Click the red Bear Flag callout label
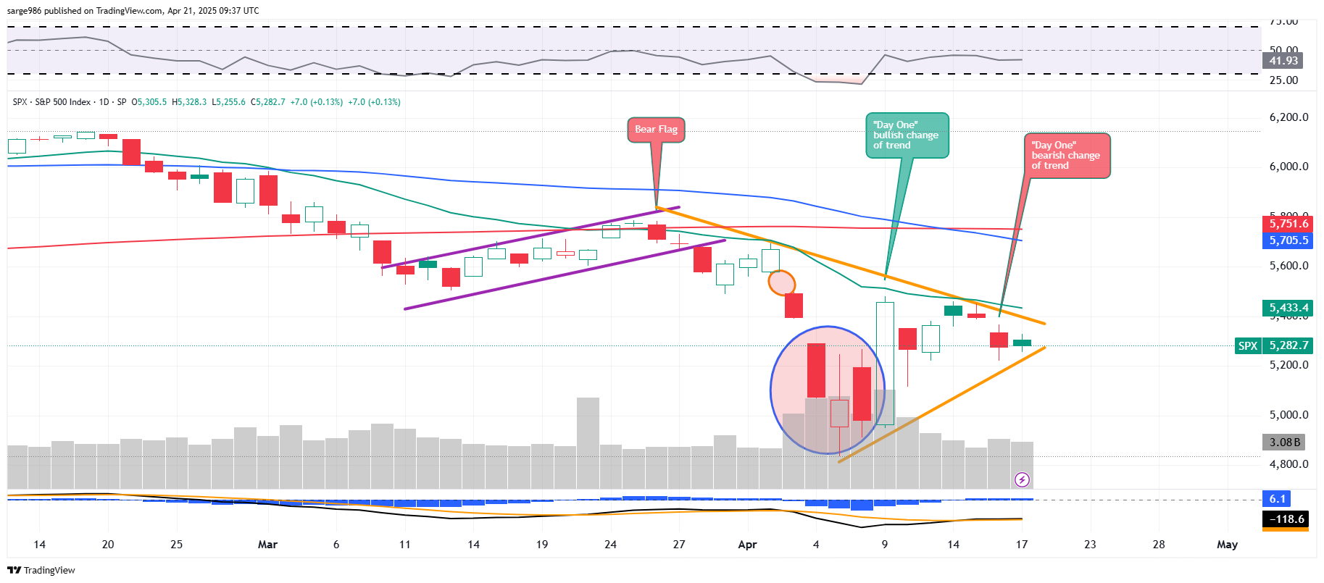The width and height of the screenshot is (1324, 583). (x=656, y=130)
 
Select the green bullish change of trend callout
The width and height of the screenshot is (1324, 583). (x=907, y=135)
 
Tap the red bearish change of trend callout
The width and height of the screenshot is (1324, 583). (x=1066, y=156)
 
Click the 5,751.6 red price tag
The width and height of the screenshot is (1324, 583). (x=1288, y=224)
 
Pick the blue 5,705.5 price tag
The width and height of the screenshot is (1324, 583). (x=1288, y=240)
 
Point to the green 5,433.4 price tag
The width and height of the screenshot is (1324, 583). (x=1288, y=308)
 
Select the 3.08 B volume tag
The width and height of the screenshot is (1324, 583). (x=1285, y=442)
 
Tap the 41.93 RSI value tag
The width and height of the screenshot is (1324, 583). (x=1283, y=61)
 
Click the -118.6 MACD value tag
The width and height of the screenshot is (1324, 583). (x=1286, y=519)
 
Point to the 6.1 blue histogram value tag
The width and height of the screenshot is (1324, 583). (x=1277, y=499)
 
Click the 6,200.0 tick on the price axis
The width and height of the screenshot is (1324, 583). (x=1288, y=117)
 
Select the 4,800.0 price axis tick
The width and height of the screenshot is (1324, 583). (x=1288, y=464)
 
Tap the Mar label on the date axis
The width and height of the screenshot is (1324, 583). (x=267, y=545)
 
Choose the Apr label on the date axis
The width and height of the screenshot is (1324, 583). (x=747, y=545)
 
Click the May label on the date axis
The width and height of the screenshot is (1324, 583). (x=1227, y=545)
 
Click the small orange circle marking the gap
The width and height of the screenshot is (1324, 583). (x=782, y=282)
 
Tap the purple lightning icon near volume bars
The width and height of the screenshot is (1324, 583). (x=1022, y=479)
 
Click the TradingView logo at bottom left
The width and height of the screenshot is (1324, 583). (x=41, y=571)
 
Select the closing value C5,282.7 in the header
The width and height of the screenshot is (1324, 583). (x=268, y=102)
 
